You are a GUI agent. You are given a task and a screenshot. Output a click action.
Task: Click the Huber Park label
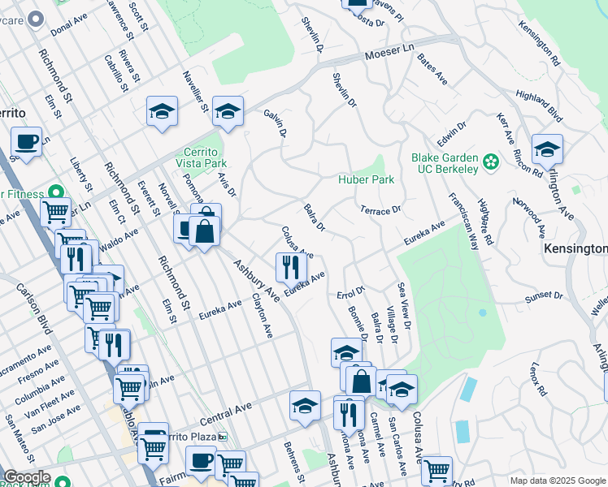coord(367,179)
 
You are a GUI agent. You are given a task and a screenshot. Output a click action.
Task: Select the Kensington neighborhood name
coord(575,248)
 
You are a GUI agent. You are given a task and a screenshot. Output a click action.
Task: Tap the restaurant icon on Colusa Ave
coord(289,267)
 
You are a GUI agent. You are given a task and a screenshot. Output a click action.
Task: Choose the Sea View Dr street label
coord(403,306)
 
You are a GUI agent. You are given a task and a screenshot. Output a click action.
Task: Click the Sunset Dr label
coord(544,296)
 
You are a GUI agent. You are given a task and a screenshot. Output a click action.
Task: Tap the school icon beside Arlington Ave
coord(547,150)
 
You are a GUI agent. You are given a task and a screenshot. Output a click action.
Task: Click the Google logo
coord(27,477)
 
